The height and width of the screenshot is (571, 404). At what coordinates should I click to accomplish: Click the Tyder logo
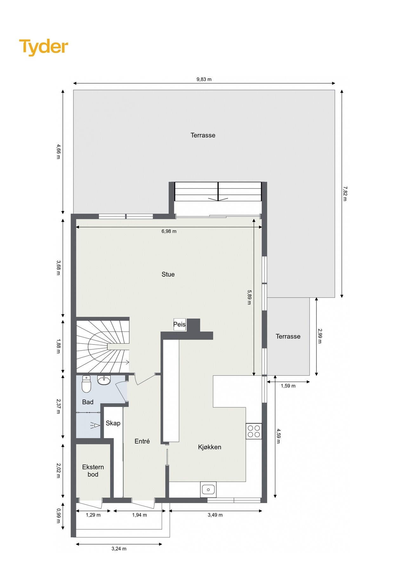(x=43, y=47)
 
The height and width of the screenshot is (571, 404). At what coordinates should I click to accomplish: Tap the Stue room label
(x=168, y=274)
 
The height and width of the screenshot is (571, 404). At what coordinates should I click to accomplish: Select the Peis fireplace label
(x=179, y=325)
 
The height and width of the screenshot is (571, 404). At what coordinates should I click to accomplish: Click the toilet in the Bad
(x=86, y=384)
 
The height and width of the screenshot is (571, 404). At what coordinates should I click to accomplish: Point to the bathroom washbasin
(x=104, y=380)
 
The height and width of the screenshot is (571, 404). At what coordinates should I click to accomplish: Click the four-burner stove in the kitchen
(x=254, y=431)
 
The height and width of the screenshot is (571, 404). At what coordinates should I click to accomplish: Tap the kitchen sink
(x=208, y=489)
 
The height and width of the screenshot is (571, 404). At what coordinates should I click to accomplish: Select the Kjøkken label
(x=209, y=447)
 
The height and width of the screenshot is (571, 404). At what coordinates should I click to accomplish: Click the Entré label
(x=142, y=441)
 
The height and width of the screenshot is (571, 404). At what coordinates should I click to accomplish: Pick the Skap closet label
(x=113, y=423)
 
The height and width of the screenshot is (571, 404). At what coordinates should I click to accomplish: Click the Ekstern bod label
(x=93, y=471)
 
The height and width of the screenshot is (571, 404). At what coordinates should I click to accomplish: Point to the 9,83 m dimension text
(x=204, y=79)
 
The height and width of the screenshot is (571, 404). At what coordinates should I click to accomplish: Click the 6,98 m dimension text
(x=169, y=231)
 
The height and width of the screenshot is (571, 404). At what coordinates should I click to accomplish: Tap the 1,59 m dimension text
(x=288, y=386)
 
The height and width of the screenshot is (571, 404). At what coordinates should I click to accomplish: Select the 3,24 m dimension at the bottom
(x=119, y=548)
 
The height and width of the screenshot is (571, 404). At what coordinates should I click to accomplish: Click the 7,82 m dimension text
(x=345, y=194)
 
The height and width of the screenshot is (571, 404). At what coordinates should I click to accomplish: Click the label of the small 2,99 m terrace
(x=288, y=336)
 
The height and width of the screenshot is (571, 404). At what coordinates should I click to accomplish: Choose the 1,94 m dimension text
(x=139, y=515)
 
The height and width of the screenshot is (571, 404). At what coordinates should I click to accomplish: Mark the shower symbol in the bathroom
(x=95, y=425)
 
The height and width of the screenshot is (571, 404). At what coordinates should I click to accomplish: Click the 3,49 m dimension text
(x=215, y=515)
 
